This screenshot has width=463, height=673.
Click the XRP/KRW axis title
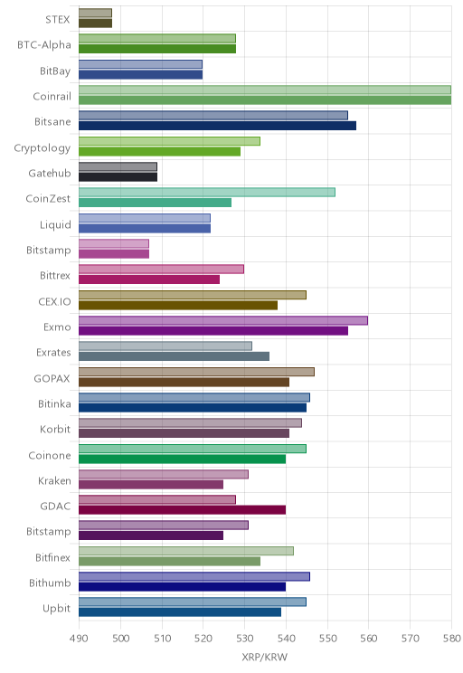(264, 657)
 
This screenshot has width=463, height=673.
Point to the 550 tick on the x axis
(327, 639)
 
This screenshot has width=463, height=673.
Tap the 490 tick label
(79, 639)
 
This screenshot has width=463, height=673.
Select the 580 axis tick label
(451, 639)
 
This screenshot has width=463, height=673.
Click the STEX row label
(58, 19)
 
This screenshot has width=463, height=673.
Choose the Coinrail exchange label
(52, 96)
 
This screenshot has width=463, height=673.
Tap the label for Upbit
(57, 609)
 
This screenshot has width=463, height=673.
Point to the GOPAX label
(52, 378)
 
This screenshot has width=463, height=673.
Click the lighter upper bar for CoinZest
(207, 193)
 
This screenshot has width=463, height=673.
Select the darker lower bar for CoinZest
(155, 203)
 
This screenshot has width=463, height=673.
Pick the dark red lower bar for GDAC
(183, 510)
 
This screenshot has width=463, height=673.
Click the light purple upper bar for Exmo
(223, 320)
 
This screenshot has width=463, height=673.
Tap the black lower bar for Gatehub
(118, 176)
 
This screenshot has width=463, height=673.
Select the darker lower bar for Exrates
(175, 356)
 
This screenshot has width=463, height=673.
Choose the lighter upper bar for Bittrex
(161, 270)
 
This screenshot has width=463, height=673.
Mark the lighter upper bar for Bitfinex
(186, 551)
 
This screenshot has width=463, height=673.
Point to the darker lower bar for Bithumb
(183, 587)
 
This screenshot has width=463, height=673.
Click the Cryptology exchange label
(43, 148)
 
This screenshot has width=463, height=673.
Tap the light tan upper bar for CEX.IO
(193, 295)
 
